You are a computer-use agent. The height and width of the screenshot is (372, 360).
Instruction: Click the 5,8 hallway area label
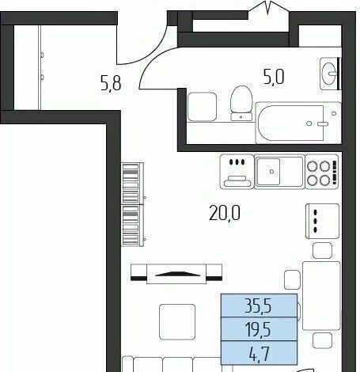coord(111,83)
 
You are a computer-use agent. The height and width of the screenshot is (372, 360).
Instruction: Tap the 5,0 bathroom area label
coord(274,78)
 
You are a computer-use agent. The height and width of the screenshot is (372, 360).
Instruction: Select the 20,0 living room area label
coord(225,213)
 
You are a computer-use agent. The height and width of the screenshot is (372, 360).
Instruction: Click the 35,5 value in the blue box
coord(258,306)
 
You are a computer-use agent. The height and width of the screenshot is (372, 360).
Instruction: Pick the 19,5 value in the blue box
coord(258,329)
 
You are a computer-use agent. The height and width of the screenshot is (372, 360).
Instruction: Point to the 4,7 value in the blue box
coord(260,354)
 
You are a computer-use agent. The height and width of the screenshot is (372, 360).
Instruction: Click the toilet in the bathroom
coord(241,104)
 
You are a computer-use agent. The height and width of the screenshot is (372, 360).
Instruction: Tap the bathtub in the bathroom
coord(298,123)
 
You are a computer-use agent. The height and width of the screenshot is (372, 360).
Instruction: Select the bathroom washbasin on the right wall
coord(330,74)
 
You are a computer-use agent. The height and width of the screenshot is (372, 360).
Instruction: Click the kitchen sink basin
coord(268,172)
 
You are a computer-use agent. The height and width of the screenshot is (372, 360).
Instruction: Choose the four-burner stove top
coord(322,172)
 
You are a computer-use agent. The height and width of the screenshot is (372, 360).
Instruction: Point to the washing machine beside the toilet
coord(202,107)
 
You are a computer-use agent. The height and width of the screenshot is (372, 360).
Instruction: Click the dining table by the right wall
coord(321,296)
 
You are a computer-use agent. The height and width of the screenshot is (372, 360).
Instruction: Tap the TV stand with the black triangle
coord(176,274)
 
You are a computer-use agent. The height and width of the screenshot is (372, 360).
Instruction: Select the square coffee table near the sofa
coord(177,322)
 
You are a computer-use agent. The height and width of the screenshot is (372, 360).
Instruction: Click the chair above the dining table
coord(322,250)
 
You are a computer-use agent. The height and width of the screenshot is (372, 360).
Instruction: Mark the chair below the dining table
coord(322,340)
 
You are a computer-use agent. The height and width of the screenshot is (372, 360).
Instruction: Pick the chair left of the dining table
coord(292,279)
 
